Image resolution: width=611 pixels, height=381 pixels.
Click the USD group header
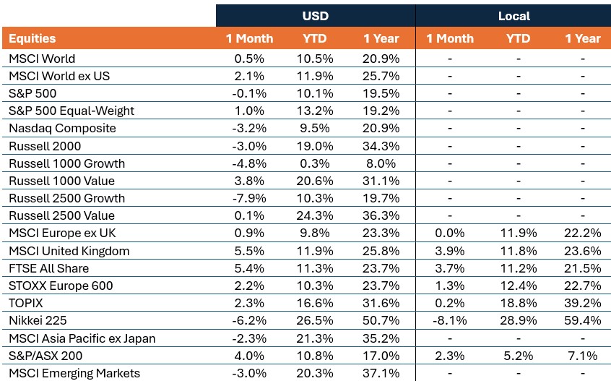315,16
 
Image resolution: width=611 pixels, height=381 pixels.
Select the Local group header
514,16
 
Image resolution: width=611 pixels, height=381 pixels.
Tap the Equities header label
32,38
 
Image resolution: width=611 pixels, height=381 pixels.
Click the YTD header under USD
314,38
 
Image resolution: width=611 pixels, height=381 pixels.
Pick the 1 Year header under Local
583,38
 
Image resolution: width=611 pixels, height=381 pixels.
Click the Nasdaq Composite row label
62,128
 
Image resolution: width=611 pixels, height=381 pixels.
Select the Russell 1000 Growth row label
66,163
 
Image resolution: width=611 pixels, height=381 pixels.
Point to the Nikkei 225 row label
38,320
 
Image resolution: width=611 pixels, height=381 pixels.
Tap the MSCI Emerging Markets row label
74,373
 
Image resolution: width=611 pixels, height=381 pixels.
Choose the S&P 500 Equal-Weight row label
71,111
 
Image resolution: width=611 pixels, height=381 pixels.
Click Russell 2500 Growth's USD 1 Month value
249,198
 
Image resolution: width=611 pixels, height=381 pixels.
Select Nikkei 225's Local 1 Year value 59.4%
583,320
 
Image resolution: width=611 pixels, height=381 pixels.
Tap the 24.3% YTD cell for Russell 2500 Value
314,215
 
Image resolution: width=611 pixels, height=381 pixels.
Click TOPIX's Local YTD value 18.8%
519,303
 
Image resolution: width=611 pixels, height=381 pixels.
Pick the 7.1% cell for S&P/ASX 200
583,356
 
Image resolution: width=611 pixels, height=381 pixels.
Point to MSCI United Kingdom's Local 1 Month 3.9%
450,251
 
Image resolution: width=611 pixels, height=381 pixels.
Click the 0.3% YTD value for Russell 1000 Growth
314,163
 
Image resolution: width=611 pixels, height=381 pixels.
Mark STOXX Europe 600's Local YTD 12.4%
519,286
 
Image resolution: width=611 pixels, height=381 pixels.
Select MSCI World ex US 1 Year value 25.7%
381,76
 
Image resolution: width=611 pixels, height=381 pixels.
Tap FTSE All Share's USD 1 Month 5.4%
249,268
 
